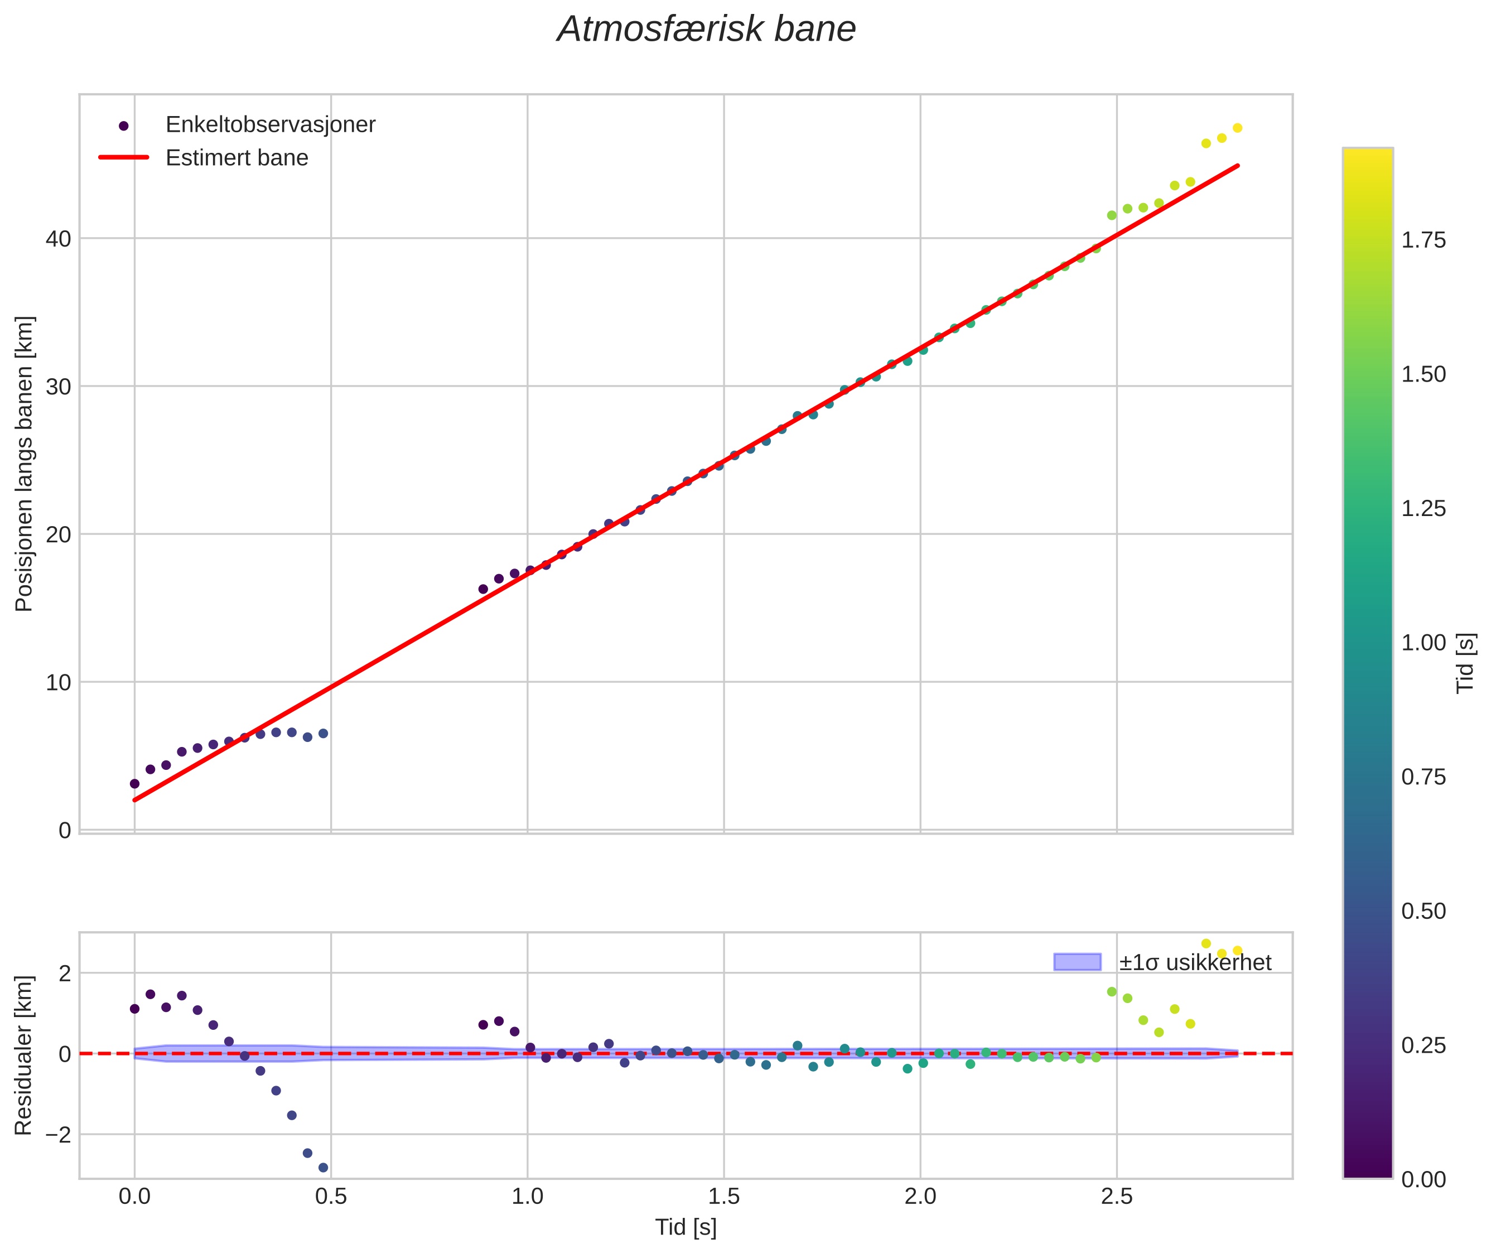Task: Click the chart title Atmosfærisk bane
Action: pyautogui.click(x=706, y=30)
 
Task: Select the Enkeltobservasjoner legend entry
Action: pyautogui.click(x=270, y=125)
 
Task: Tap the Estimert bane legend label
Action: pyautogui.click(x=237, y=158)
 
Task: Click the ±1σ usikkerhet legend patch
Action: pyautogui.click(x=1077, y=962)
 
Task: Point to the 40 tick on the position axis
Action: pyautogui.click(x=58, y=239)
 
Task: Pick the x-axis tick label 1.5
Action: pyautogui.click(x=724, y=1196)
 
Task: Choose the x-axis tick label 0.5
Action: pyautogui.click(x=331, y=1196)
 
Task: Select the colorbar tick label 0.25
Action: pyautogui.click(x=1424, y=1045)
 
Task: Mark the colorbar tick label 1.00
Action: pyautogui.click(x=1424, y=643)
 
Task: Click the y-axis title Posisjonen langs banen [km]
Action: pyautogui.click(x=24, y=464)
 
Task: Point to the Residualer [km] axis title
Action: pyautogui.click(x=24, y=1056)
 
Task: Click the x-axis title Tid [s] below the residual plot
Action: pyautogui.click(x=686, y=1227)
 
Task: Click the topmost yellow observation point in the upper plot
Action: pyautogui.click(x=1237, y=128)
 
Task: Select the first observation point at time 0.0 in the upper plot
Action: pyautogui.click(x=135, y=783)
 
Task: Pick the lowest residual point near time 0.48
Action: pyautogui.click(x=323, y=1168)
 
